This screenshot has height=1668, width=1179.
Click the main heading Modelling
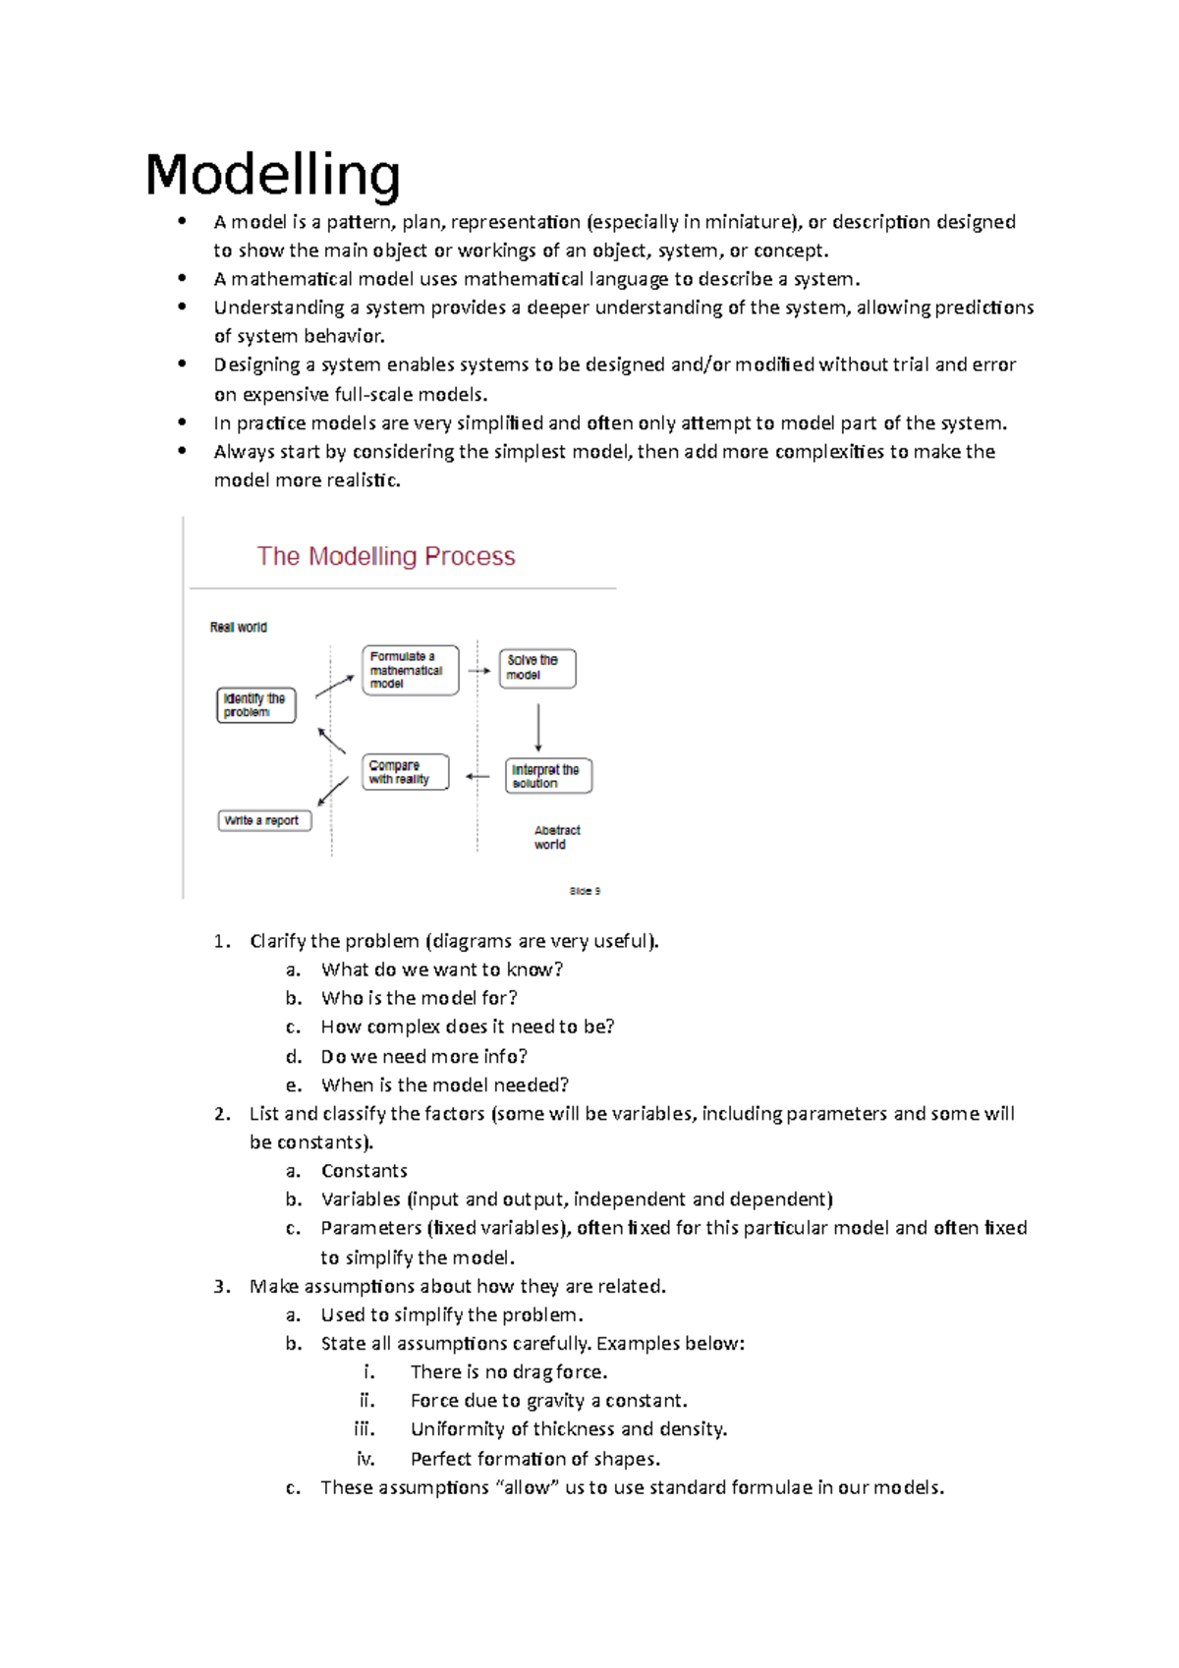coord(272,176)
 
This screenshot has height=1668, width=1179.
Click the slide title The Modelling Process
coord(385,556)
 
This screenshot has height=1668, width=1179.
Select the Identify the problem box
coord(255,705)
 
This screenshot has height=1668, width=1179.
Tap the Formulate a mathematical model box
coord(410,670)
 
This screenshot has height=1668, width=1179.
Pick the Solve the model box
coord(536,668)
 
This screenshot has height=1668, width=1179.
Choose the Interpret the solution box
coord(548,776)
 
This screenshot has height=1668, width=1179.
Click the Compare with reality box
coord(405,772)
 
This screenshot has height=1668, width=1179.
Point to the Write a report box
coord(264,820)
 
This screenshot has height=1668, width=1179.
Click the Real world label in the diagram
coord(238,627)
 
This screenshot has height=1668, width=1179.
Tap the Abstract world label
coord(556,837)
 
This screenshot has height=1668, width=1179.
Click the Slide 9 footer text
coord(585,891)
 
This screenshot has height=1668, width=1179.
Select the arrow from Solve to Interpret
coord(538,727)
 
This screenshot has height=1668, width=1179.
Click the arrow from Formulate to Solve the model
coord(478,671)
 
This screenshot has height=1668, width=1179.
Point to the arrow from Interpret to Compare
coord(477,776)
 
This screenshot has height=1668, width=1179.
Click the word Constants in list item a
coord(364,1171)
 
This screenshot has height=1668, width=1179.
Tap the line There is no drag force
coord(508,1372)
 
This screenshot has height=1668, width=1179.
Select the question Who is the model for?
coord(419,998)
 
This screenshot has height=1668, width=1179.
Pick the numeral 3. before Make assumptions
coord(222,1287)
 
